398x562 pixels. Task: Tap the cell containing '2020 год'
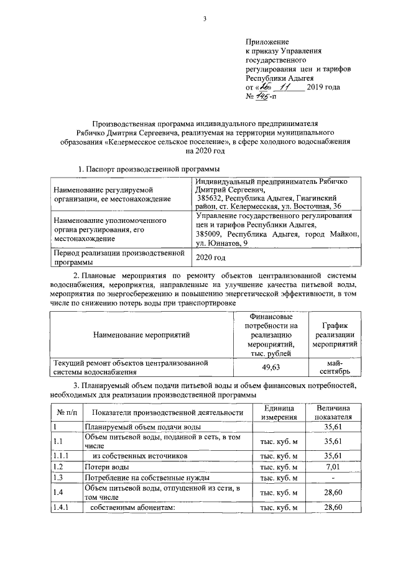coord(211,256)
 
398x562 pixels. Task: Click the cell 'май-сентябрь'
coord(334,367)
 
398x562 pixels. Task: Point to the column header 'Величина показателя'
coord(333,412)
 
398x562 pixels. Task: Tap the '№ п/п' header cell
coord(67,412)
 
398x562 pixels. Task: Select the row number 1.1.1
coord(62,455)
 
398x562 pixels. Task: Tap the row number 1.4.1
coord(62,507)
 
